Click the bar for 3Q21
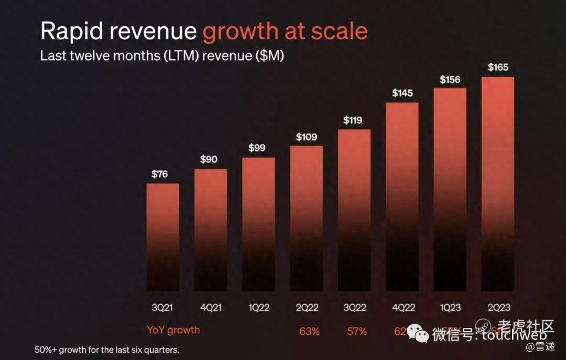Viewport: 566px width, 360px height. (x=162, y=236)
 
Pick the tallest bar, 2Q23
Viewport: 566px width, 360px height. (x=498, y=183)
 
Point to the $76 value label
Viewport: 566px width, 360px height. (x=160, y=174)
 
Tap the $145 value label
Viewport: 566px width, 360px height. (x=402, y=93)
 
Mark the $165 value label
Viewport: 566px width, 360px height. (x=498, y=67)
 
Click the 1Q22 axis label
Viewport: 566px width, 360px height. (x=258, y=308)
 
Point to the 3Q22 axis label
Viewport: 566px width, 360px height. (x=354, y=308)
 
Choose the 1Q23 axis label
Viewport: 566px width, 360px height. (x=450, y=308)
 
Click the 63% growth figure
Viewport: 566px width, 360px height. (x=309, y=331)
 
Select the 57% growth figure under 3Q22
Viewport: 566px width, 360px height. (x=357, y=331)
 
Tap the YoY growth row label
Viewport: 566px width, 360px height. (x=173, y=330)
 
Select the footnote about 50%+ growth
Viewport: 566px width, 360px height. (x=107, y=350)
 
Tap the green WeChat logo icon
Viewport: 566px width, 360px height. (x=418, y=333)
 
